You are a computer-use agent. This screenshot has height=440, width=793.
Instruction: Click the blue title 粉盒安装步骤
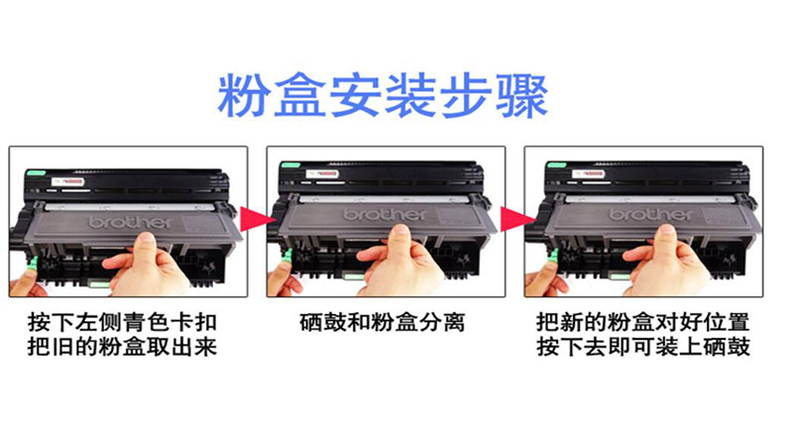(383, 96)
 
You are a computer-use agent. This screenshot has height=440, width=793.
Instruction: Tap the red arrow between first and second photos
(257, 219)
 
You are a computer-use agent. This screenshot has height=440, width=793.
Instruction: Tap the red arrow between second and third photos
(517, 219)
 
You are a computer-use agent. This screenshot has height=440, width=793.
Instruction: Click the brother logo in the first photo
(131, 222)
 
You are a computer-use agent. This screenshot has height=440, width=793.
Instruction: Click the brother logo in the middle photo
(385, 214)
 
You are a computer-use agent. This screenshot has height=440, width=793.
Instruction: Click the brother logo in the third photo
(650, 214)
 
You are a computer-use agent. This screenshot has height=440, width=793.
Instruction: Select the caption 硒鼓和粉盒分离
(383, 323)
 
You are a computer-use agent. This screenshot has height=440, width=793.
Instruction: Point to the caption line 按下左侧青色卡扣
(122, 323)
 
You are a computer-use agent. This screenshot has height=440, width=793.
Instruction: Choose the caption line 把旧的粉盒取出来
(122, 347)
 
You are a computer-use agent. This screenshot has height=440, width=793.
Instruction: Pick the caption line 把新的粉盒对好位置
(643, 323)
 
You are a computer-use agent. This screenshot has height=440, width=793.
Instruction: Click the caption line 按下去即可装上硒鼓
(643, 347)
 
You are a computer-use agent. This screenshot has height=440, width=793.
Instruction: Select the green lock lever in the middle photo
(288, 256)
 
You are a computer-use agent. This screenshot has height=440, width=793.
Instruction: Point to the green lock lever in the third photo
(554, 256)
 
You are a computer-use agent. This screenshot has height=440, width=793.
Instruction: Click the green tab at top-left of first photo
(37, 173)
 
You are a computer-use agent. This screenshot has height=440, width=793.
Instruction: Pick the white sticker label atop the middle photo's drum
(321, 174)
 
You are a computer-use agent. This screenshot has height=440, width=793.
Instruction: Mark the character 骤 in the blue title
(524, 96)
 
